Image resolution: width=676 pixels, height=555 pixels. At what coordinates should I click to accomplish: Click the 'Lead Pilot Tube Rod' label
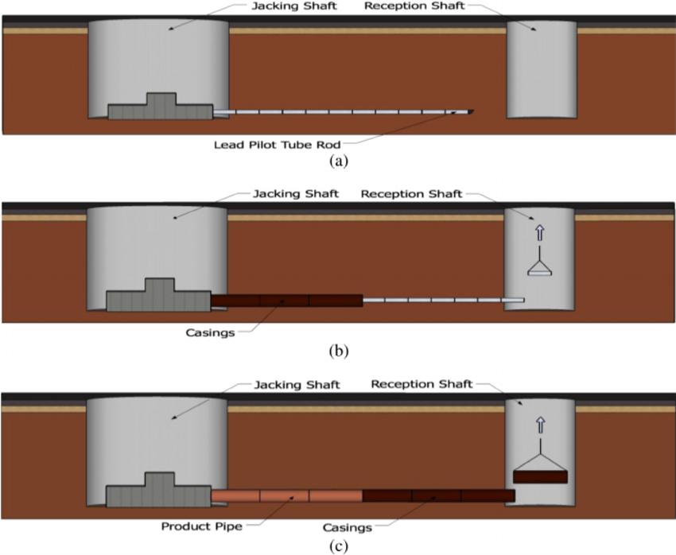pyautogui.click(x=277, y=145)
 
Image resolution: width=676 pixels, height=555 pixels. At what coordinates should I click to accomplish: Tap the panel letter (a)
pyautogui.click(x=338, y=160)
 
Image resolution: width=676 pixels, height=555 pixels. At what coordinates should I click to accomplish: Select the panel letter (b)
pyautogui.click(x=338, y=348)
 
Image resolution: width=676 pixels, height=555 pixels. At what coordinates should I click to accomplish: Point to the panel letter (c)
pyautogui.click(x=338, y=546)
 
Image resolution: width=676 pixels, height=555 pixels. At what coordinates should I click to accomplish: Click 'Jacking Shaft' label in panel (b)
pyautogui.click(x=297, y=193)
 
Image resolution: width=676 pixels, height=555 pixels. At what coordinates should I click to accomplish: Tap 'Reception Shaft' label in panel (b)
pyautogui.click(x=410, y=193)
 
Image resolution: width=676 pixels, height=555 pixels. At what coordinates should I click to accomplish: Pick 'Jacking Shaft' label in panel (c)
pyautogui.click(x=297, y=385)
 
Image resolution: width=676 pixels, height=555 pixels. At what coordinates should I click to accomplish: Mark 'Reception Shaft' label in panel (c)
pyautogui.click(x=422, y=384)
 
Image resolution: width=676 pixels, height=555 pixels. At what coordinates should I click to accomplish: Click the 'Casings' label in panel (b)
pyautogui.click(x=208, y=332)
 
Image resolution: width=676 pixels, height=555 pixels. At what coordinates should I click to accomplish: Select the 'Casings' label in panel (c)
pyautogui.click(x=348, y=526)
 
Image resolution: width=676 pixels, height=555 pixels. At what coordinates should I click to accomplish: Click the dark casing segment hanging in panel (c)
pyautogui.click(x=541, y=477)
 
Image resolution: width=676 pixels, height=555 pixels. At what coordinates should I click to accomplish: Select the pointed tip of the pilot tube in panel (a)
pyautogui.click(x=472, y=111)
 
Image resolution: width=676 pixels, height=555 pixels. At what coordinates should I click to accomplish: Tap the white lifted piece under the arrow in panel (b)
pyautogui.click(x=540, y=273)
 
